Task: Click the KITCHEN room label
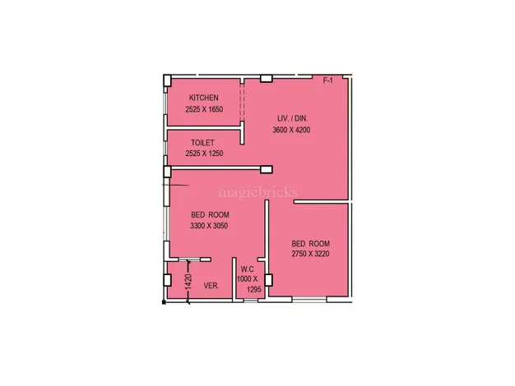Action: tap(204, 98)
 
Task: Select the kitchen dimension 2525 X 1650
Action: tap(204, 109)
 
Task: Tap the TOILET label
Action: tap(202, 143)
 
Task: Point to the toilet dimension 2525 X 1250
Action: tap(204, 153)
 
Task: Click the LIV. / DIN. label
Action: tap(293, 118)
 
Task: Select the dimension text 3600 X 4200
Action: tap(291, 130)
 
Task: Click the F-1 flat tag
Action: tap(327, 80)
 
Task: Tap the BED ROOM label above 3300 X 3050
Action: tap(211, 215)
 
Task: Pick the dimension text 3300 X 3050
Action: tap(209, 226)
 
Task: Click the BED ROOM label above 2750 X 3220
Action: tap(311, 244)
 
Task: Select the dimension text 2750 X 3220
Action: tap(310, 254)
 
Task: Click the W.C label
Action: tap(247, 269)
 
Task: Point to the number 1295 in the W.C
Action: tap(254, 290)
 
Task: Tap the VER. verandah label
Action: tap(211, 286)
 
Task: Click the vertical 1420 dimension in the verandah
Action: tap(188, 282)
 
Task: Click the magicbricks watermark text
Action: tap(258, 192)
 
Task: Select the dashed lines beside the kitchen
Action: tap(242, 103)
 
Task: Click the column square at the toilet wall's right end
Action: tap(267, 169)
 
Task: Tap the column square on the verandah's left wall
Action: tap(168, 280)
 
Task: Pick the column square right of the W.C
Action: tap(269, 280)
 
